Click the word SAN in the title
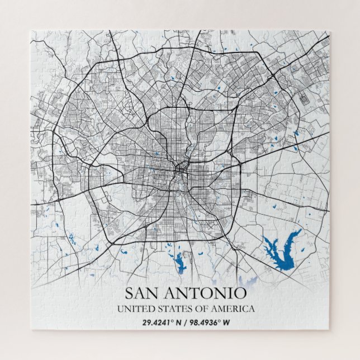[140, 293]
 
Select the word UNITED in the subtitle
[132, 309]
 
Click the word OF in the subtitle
[196, 309]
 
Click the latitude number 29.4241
[157, 323]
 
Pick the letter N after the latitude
[178, 323]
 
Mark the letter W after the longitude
[228, 323]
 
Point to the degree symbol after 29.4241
[173, 321]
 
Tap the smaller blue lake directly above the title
[181, 260]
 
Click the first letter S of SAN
[129, 293]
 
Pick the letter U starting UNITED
[120, 309]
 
